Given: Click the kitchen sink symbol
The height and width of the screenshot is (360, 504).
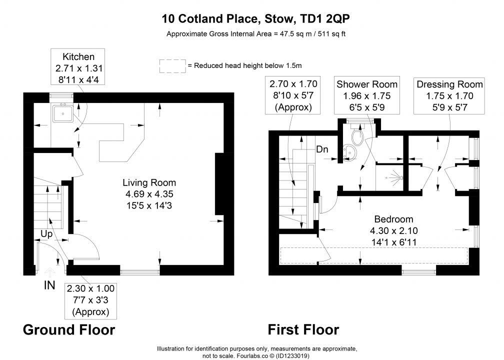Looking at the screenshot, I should coord(63,113).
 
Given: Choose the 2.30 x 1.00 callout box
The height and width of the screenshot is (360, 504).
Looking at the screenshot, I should coord(90,300).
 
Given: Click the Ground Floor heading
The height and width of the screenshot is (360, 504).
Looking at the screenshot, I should coord(69,330).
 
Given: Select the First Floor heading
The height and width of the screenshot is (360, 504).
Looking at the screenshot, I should coord(303,330).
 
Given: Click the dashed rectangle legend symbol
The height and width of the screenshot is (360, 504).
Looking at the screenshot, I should coord(172,66).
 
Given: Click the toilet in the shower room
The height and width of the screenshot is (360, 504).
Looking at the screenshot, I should coord(357,135).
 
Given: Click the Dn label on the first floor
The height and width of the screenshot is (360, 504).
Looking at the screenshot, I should coord(322,149).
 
